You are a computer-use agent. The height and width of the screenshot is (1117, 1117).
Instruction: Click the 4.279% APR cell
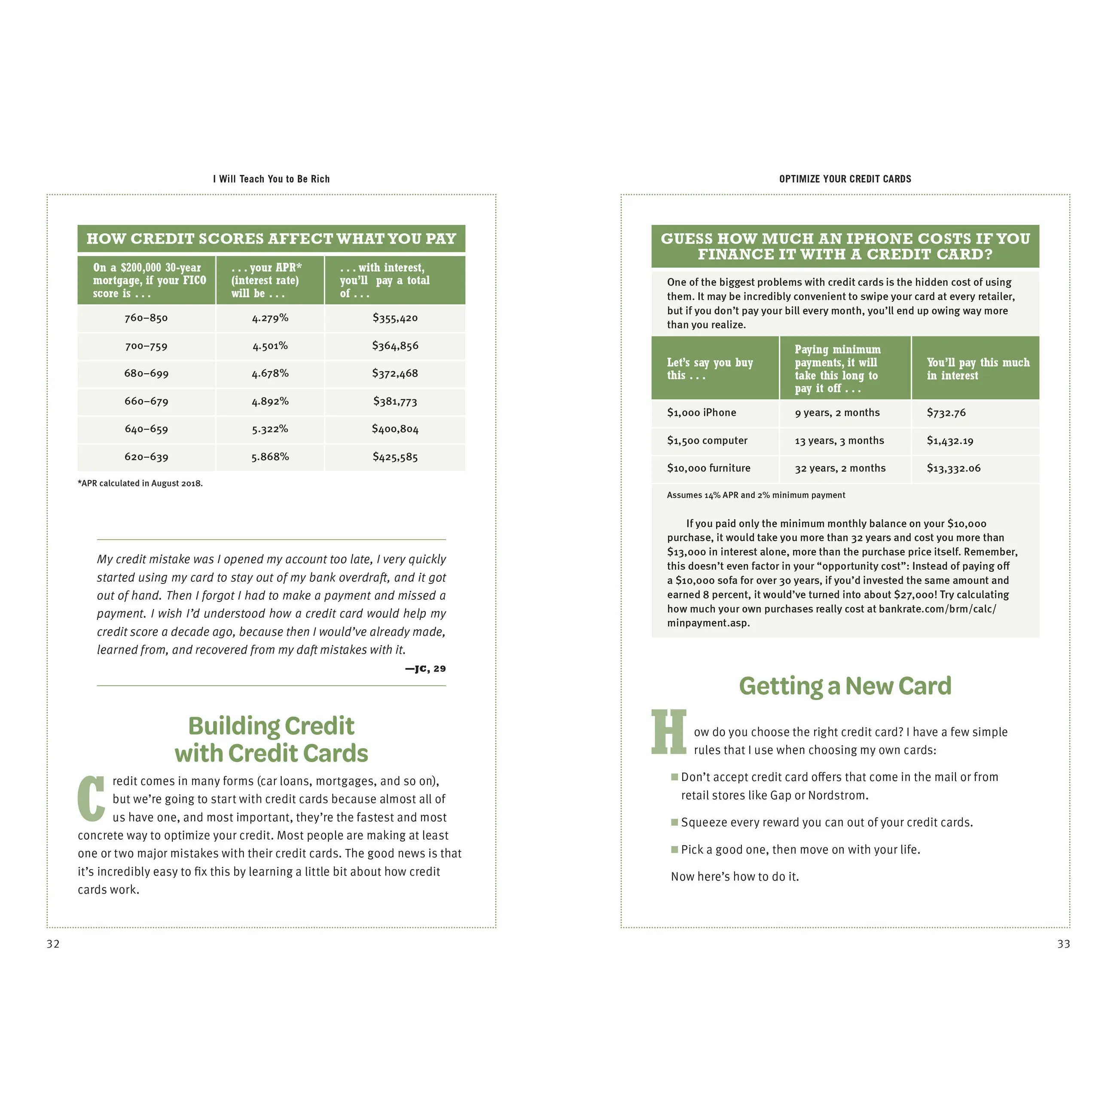pos(270,318)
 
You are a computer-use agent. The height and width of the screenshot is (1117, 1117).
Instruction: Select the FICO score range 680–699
pos(146,373)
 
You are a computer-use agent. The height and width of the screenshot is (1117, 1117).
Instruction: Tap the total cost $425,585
pos(395,457)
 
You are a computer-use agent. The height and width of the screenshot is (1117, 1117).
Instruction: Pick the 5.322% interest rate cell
pos(270,429)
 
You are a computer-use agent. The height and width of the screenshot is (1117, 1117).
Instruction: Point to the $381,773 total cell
pos(395,401)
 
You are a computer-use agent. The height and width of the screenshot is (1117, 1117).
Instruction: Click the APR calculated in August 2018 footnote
pos(140,483)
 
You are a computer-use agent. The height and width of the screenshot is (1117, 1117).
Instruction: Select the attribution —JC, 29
pos(425,669)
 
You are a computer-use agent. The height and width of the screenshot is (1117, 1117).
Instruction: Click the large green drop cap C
pos(92,798)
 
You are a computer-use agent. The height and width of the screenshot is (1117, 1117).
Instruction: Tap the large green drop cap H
pos(669,732)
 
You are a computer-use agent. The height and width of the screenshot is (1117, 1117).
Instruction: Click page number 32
pos(53,944)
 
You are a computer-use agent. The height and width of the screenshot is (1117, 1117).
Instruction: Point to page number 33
pos(1063,944)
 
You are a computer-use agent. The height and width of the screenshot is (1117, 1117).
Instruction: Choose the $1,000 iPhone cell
pos(701,413)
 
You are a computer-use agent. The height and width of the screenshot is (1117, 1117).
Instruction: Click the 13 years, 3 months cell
pos(839,440)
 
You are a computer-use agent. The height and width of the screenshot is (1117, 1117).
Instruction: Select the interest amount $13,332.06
pos(953,468)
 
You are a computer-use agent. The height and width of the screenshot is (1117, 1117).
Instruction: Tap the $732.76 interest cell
pos(946,413)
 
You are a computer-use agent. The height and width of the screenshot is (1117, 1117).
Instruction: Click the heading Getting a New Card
pos(845,686)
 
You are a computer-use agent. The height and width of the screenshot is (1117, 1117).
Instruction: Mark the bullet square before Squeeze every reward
pos(674,822)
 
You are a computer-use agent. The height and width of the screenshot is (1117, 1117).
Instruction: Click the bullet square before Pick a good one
pos(674,849)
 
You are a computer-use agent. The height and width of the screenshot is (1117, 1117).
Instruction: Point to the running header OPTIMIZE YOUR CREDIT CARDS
pos(845,179)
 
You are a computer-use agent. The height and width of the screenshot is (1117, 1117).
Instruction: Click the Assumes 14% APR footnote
pos(756,495)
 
